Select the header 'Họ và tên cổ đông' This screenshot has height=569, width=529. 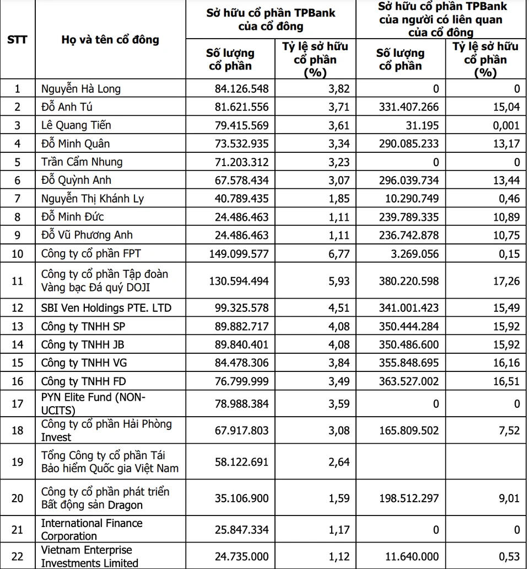(110, 40)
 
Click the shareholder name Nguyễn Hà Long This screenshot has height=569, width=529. (80, 89)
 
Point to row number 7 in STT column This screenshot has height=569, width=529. (17, 198)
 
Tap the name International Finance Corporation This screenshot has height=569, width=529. (91, 529)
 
